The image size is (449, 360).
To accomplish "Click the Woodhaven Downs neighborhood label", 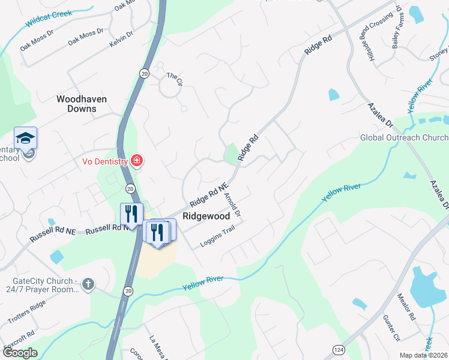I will pyautogui.click(x=76, y=103).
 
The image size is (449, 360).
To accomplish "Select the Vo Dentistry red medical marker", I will pyautogui.click(x=137, y=161).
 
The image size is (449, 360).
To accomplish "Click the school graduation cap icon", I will pyautogui.click(x=26, y=139).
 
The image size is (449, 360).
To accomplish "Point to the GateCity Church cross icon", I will pyautogui.click(x=88, y=283).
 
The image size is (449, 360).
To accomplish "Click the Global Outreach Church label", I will pyautogui.click(x=403, y=137).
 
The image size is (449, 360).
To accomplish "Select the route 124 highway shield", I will pyautogui.click(x=338, y=349).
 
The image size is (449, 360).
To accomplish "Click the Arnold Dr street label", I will pyautogui.click(x=232, y=205).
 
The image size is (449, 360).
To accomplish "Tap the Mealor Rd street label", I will pyautogui.click(x=406, y=306).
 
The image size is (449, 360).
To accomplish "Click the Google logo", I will pyautogui.click(x=20, y=353).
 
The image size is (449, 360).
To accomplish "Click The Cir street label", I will pyautogui.click(x=173, y=76).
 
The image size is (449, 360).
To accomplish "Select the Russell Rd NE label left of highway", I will pyautogui.click(x=53, y=230).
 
